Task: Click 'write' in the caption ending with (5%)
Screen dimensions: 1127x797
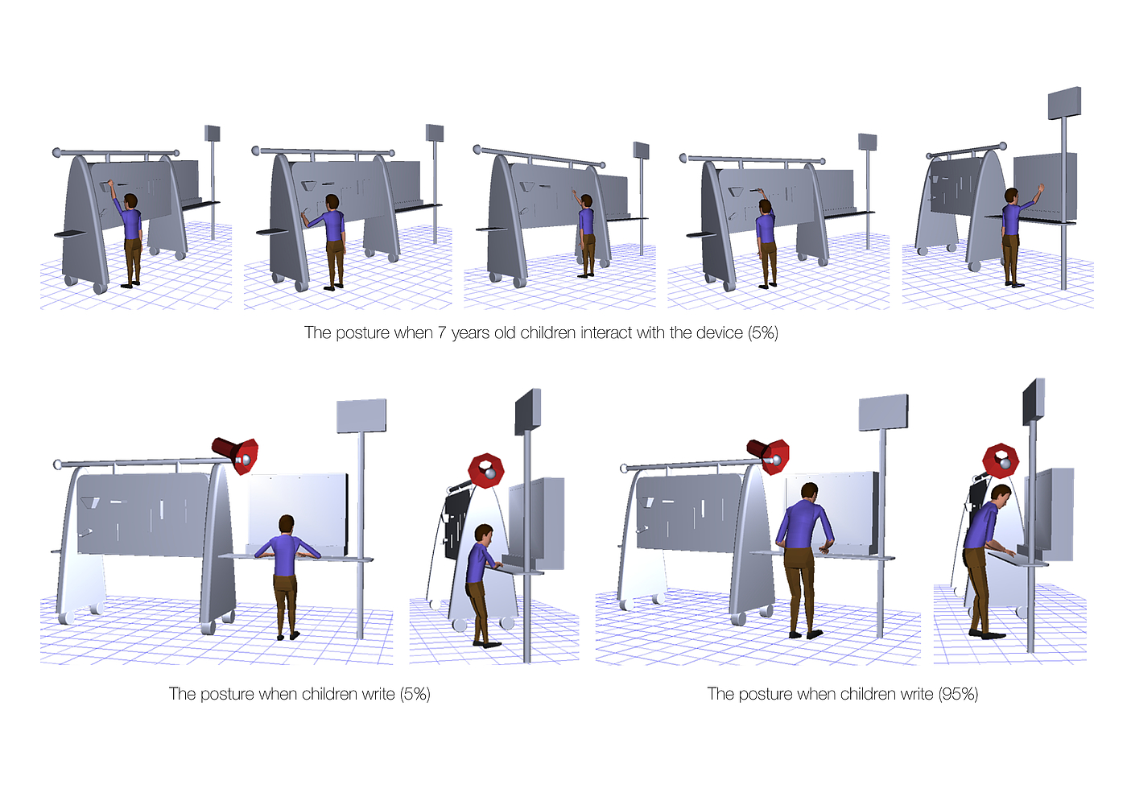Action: coord(378,694)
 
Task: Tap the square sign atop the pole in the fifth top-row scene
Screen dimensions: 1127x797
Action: coord(1064,103)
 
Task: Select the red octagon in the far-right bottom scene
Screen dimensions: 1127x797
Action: coord(1001,460)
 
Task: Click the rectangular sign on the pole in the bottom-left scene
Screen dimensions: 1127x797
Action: coord(361,415)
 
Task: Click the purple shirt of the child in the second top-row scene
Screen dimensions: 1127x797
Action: coord(332,225)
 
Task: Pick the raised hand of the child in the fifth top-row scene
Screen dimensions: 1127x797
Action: coord(1039,188)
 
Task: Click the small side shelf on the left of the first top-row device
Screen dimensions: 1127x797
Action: coord(71,233)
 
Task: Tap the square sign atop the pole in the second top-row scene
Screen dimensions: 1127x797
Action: coord(435,133)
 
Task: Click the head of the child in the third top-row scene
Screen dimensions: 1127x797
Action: coord(586,202)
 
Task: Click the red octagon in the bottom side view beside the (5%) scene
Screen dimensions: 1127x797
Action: coord(486,470)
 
